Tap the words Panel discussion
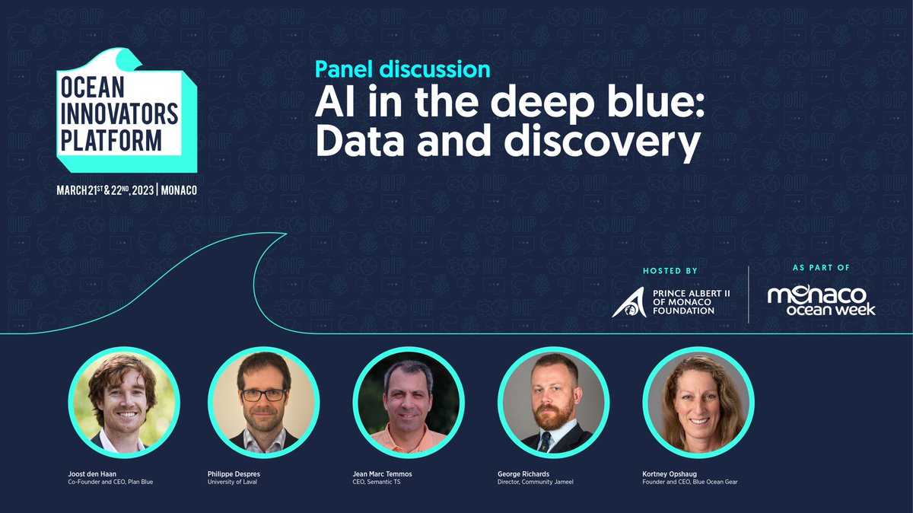tap(402, 69)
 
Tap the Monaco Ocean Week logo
tap(821, 301)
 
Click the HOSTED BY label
tap(670, 270)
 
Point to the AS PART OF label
tap(821, 268)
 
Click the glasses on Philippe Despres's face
tap(263, 394)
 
